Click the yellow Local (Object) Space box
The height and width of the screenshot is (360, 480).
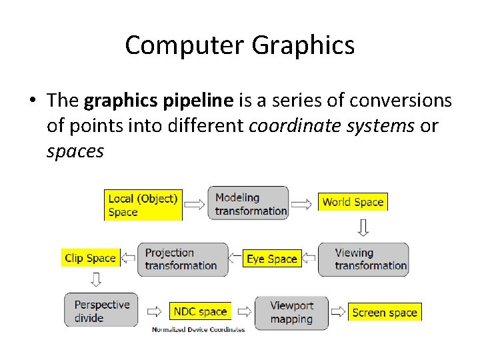click(x=143, y=205)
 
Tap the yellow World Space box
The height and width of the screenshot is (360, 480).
click(x=353, y=202)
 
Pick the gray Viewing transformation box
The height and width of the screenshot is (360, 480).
click(x=363, y=259)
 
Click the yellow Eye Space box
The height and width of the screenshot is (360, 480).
click(x=271, y=259)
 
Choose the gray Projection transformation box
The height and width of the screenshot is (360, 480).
click(x=183, y=259)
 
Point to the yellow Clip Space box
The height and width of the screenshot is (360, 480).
click(x=91, y=258)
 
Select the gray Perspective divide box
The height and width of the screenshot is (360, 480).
click(x=101, y=311)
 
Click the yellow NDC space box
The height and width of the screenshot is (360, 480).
click(x=200, y=311)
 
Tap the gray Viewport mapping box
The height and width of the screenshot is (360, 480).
click(x=291, y=312)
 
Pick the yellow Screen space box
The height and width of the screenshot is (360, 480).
click(x=385, y=312)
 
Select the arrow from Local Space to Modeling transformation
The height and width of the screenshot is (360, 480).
click(x=195, y=203)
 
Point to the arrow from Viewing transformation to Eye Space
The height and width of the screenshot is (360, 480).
click(x=309, y=259)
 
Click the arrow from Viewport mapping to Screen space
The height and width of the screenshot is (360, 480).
click(x=339, y=312)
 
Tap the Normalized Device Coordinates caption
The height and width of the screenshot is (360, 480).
click(x=198, y=329)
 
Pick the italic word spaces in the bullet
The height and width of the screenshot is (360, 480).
click(x=75, y=151)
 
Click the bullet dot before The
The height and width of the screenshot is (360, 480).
click(x=32, y=101)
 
